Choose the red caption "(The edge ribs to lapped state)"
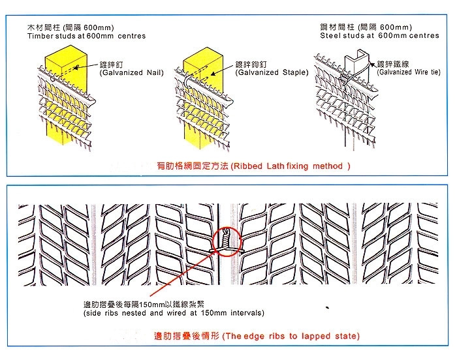(x=291, y=337)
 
